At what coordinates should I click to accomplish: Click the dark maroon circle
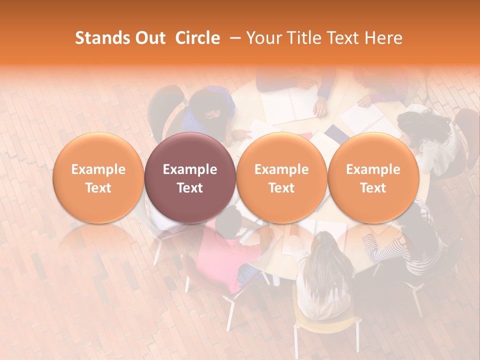189,177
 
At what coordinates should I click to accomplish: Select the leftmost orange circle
98,177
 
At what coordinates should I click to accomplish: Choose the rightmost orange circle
373,177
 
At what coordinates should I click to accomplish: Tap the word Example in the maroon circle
189,169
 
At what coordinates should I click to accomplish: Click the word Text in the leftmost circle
98,188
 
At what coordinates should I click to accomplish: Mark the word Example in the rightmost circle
373,169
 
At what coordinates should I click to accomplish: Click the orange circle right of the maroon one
281,177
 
